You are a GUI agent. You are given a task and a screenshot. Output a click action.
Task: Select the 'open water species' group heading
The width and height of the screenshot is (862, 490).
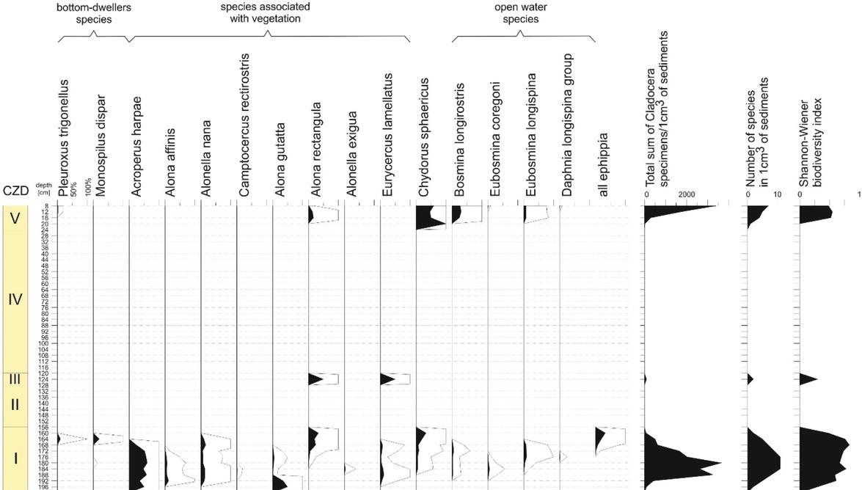point(521,12)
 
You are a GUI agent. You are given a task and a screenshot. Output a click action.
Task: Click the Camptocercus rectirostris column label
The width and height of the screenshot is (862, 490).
point(245,125)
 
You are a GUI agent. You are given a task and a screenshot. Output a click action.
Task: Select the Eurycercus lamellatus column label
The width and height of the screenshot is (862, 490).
point(388,135)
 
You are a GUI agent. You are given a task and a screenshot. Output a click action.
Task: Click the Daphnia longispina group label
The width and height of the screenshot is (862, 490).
point(568,125)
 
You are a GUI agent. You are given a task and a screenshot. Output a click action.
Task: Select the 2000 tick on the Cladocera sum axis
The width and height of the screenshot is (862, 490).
point(687,194)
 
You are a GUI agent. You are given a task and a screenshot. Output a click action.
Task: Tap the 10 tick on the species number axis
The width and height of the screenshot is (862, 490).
point(778,194)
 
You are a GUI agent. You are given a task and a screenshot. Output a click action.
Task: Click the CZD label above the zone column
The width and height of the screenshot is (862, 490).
point(15,191)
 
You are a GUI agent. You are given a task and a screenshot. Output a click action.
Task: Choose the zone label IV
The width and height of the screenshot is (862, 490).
point(15,299)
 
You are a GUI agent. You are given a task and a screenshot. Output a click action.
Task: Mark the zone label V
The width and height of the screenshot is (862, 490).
point(15,218)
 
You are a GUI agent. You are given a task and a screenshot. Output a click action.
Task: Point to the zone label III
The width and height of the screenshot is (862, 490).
point(15,379)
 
